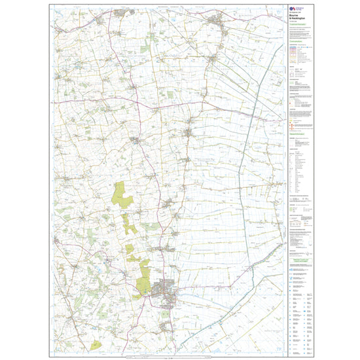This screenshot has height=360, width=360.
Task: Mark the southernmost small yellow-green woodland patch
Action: tap(96, 343)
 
